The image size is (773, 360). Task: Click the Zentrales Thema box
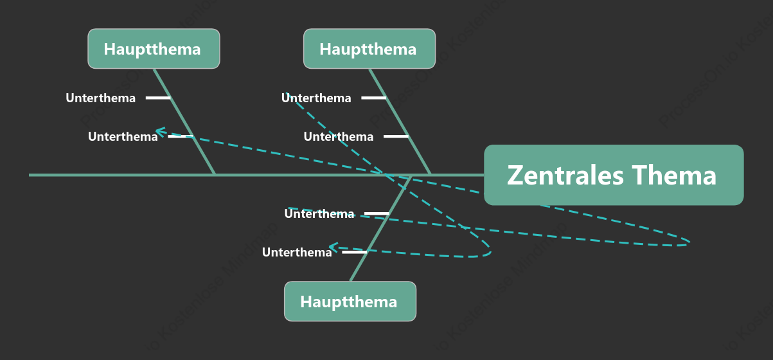pos(614,175)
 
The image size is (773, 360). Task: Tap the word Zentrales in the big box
pos(565,175)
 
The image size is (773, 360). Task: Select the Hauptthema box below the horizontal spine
pos(350,301)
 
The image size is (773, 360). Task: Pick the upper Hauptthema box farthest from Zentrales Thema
pos(154,49)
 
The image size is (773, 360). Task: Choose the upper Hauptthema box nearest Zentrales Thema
pos(369,49)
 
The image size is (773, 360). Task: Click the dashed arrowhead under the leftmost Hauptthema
pos(160,132)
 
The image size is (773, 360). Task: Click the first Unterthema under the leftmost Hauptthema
pos(100,98)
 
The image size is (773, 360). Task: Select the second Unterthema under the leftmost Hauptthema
pos(123,137)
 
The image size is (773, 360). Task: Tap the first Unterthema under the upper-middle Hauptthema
pos(316,98)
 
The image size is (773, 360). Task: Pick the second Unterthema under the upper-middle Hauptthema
pos(339,137)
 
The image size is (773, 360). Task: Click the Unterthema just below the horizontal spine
pos(319,213)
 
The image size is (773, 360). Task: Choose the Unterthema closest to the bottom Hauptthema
pos(297,252)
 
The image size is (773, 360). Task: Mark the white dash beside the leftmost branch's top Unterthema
pos(158,98)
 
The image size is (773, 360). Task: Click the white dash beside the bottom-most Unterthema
pos(355,252)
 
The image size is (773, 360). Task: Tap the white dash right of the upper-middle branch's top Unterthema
pos(374,98)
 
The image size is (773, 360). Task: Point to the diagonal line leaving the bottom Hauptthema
pos(381,228)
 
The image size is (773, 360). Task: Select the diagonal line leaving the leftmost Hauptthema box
pos(184,122)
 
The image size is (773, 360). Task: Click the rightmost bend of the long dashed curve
pos(689,242)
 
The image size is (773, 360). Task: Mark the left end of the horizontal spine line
pos(30,175)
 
